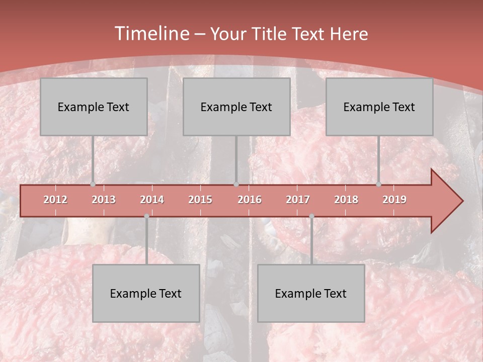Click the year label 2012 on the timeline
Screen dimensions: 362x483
55,200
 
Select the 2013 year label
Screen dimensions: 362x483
104,200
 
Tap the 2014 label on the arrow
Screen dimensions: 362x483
152,200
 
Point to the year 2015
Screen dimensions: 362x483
200,200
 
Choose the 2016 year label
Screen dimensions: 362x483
250,200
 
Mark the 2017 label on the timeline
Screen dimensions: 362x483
298,200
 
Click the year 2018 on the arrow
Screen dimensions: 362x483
346,200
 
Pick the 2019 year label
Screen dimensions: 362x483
394,200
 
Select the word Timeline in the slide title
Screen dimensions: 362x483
151,34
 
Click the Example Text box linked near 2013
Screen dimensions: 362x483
94,107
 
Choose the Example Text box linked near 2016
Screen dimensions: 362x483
236,107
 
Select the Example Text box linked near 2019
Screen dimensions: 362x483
379,107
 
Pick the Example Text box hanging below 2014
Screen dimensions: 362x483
146,293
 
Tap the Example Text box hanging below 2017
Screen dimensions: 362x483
311,293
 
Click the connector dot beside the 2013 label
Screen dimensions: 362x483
93,185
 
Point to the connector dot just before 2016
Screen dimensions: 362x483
236,185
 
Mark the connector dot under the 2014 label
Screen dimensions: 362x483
146,216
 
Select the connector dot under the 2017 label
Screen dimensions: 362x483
311,216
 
